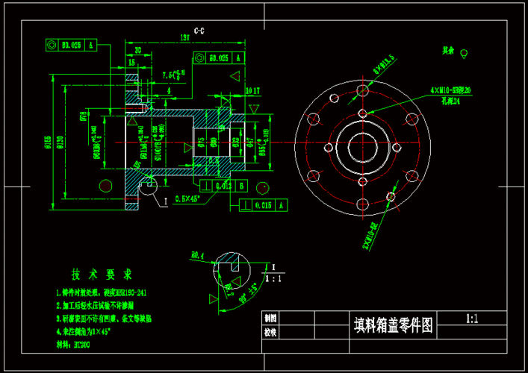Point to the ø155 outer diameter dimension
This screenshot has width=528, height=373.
pyautogui.click(x=48, y=141)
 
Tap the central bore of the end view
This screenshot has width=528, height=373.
pyautogui.click(x=362, y=147)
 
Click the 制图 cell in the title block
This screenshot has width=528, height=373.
pyautogui.click(x=270, y=318)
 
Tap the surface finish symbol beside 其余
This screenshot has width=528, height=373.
pyautogui.click(x=465, y=54)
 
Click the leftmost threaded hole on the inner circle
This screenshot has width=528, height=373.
pyautogui.click(x=329, y=147)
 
